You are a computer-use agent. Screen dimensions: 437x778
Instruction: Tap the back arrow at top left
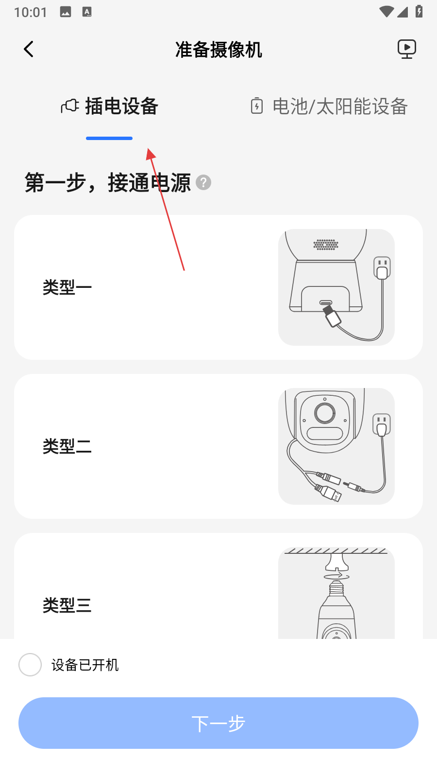tap(29, 49)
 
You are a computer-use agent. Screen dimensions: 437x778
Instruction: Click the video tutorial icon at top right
tap(407, 49)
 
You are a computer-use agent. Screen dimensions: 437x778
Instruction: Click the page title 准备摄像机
tap(218, 50)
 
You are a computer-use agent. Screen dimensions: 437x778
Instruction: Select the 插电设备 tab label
tap(122, 106)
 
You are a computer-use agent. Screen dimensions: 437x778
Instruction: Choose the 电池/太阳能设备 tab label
tap(340, 106)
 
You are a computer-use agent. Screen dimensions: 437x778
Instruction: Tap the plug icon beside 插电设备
tap(70, 106)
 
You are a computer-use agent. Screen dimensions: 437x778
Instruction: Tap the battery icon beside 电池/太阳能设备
tap(257, 106)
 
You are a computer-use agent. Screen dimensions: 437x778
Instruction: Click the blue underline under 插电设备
tap(109, 138)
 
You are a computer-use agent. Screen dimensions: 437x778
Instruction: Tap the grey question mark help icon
tap(203, 183)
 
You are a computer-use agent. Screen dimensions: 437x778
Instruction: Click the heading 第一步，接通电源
tap(107, 183)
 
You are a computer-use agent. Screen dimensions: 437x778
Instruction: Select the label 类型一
tap(67, 287)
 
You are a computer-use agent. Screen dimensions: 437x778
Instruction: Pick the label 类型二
tap(67, 446)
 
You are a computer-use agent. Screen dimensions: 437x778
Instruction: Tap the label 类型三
tap(67, 605)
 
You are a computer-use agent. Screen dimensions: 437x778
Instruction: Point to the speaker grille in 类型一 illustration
tap(326, 245)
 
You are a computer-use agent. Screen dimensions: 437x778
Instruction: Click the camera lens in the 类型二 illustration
tap(325, 413)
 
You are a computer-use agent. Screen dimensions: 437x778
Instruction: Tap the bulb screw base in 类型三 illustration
tap(336, 588)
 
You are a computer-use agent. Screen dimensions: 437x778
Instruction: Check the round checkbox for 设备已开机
tap(30, 665)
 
